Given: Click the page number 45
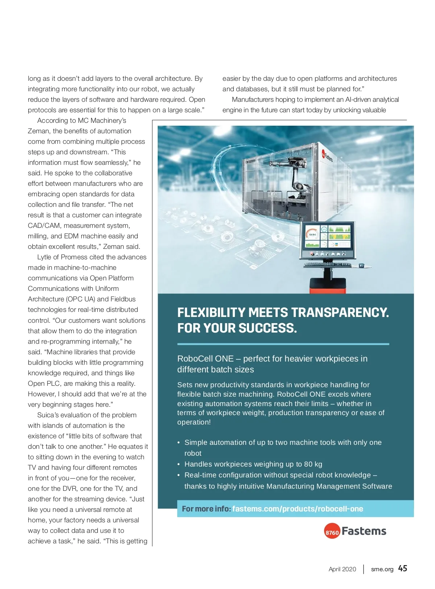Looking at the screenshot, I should (402, 568).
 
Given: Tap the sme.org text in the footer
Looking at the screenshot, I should (382, 569).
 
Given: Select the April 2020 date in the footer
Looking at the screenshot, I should (342, 569).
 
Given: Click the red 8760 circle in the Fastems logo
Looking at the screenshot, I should (332, 531).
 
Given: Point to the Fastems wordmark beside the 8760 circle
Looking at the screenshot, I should (364, 531).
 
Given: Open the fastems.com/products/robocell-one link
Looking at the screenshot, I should (298, 509).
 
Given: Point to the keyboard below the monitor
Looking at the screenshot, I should (328, 264).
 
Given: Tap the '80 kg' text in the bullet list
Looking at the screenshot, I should (313, 464).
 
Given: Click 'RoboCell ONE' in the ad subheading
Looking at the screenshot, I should (205, 359).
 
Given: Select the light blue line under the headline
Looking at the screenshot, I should (283, 344).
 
